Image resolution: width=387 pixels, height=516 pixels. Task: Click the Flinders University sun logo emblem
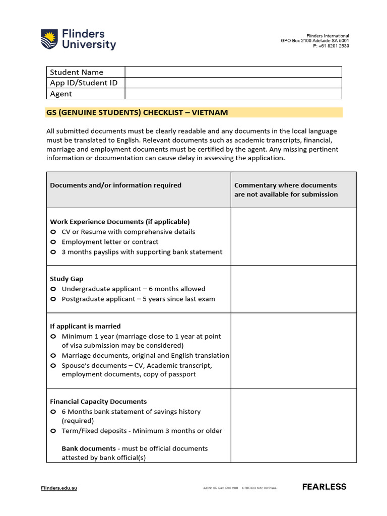pyautogui.click(x=49, y=39)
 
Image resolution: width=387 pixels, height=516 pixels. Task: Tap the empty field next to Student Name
pyautogui.click(x=233, y=72)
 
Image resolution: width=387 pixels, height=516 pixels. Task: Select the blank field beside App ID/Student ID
pyautogui.click(x=233, y=83)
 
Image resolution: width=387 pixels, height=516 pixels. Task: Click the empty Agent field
pyautogui.click(x=233, y=94)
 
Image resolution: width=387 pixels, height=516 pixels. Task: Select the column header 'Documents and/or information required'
pyautogui.click(x=115, y=185)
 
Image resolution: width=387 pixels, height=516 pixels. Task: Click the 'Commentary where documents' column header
pyautogui.click(x=285, y=185)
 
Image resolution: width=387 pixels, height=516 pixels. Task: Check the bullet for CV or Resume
pyautogui.click(x=53, y=232)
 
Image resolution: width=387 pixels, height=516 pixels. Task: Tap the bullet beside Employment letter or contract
pyautogui.click(x=53, y=242)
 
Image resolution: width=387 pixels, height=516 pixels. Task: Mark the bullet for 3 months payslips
pyautogui.click(x=53, y=252)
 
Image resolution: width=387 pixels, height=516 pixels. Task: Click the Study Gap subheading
pyautogui.click(x=67, y=279)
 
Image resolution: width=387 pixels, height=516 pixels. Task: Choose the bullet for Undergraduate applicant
pyautogui.click(x=53, y=289)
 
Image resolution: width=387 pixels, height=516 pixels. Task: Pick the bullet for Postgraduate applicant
pyautogui.click(x=53, y=299)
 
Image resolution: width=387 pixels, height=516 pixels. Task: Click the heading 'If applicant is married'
pyautogui.click(x=85, y=326)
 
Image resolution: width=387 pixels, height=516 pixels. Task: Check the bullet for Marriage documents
pyautogui.click(x=53, y=355)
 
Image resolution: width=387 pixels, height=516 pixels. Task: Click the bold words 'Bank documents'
pyautogui.click(x=88, y=448)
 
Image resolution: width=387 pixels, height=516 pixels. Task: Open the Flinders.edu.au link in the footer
pyautogui.click(x=59, y=488)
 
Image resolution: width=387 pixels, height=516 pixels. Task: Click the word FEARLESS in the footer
pyautogui.click(x=324, y=487)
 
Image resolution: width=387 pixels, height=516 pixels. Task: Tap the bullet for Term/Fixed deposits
pyautogui.click(x=53, y=431)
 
